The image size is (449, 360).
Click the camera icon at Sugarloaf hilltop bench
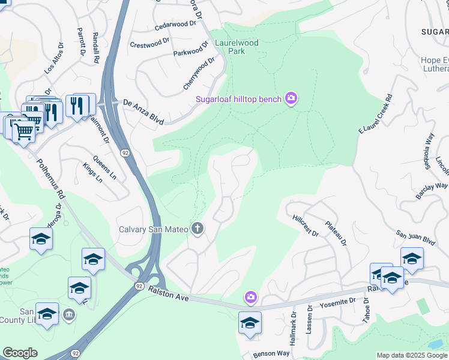tap(291, 98)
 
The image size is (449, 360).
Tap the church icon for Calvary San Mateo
tap(197, 229)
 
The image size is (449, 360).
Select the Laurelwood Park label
tap(244, 47)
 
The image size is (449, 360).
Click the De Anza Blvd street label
tap(143, 112)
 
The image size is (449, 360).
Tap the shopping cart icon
tap(23, 131)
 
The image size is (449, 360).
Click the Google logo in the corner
tap(20, 353)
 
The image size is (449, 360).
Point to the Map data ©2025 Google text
tap(412, 355)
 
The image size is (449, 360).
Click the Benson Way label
tap(271, 353)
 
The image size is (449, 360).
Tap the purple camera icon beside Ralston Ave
tap(250, 297)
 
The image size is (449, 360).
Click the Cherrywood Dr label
tap(199, 73)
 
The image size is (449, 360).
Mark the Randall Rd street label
tap(95, 48)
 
